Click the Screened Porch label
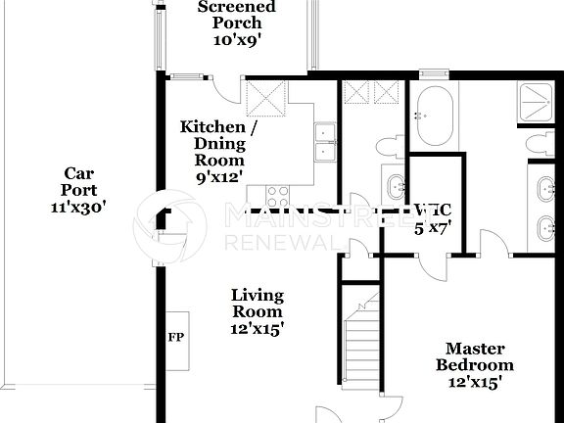coord(236,16)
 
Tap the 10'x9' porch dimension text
coord(236,41)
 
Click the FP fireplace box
coord(176,338)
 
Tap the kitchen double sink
coord(326,142)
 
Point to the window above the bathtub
coord(432,73)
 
